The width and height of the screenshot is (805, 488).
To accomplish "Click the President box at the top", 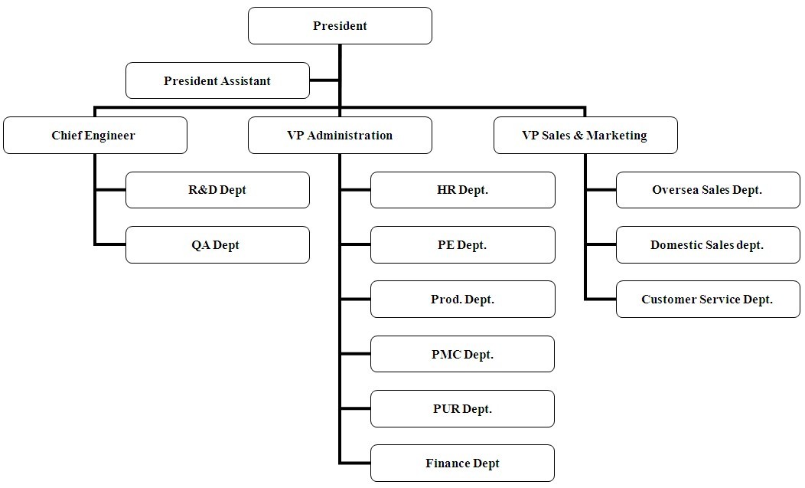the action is coord(340,26).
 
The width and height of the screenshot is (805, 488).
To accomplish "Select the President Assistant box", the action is coord(217,80).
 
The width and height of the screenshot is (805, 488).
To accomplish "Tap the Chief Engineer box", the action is coord(95,136).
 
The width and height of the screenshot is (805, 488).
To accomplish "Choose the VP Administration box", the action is coord(340,136).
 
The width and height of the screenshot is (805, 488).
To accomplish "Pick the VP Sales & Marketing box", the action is coord(585,136).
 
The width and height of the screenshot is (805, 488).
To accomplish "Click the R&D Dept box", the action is coord(217,190).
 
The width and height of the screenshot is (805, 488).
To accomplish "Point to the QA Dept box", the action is coord(217,245).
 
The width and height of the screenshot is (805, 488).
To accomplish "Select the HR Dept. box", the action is coord(462,190).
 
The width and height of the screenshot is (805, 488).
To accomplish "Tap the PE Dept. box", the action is coord(462,245).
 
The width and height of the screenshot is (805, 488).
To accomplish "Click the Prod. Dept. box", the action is coord(462,300).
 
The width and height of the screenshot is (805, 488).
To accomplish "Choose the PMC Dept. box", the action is coord(462,354).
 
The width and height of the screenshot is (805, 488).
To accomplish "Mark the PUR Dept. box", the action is coord(462,409).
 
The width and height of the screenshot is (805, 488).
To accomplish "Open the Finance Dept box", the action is coord(462,463).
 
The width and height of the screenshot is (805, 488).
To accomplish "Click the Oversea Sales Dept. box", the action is coord(708,190).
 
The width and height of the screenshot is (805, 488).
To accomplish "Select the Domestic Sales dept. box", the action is coord(708,245).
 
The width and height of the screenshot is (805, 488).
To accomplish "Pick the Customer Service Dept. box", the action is coord(708,300).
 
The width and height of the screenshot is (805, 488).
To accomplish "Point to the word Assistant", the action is coord(245,80).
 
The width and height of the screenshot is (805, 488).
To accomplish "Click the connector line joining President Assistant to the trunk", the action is coord(324,80).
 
